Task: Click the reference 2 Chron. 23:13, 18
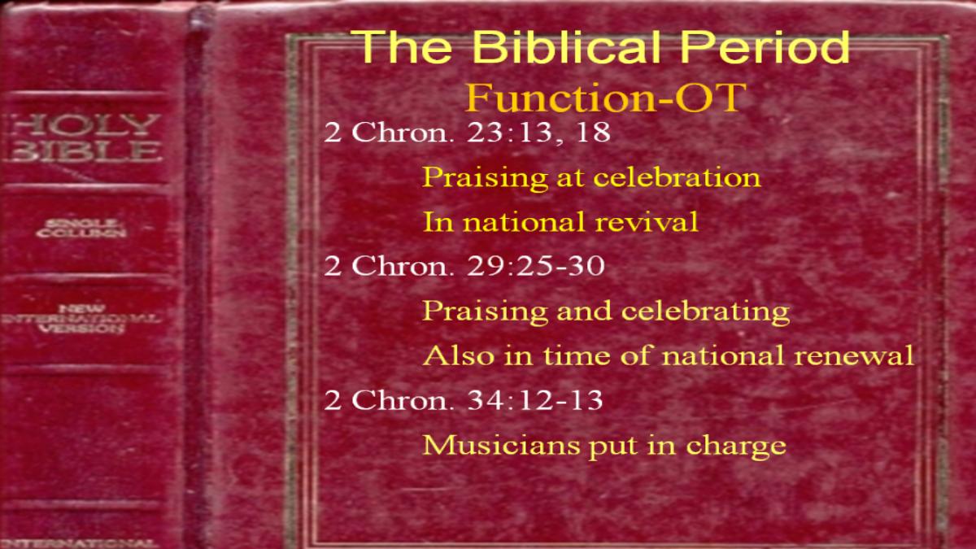click(x=467, y=132)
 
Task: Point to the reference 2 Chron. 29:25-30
click(x=464, y=265)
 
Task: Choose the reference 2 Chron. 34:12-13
click(x=464, y=399)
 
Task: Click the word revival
click(x=647, y=221)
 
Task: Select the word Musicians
click(x=499, y=446)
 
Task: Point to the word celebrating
click(x=705, y=312)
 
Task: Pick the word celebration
click(x=677, y=177)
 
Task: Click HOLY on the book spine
click(x=84, y=125)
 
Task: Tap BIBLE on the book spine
click(x=84, y=151)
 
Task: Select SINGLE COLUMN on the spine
click(x=81, y=229)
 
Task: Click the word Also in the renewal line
click(x=460, y=355)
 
